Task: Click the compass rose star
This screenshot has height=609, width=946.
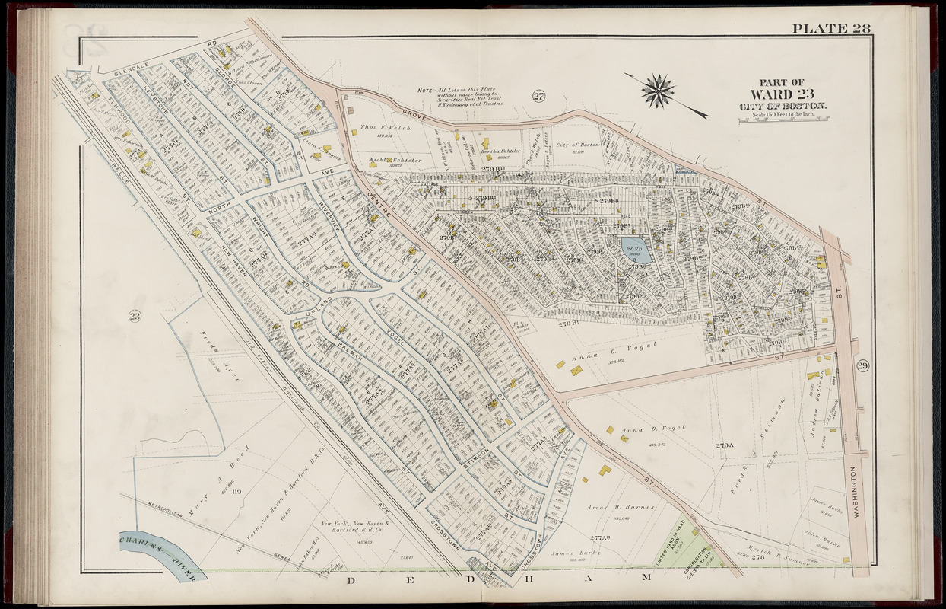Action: [658, 91]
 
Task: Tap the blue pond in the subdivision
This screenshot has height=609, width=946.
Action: [633, 248]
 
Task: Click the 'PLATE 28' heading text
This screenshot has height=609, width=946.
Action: [830, 29]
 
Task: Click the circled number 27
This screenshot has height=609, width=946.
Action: [538, 96]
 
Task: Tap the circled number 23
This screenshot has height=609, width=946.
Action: [135, 316]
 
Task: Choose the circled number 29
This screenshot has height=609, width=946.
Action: [865, 366]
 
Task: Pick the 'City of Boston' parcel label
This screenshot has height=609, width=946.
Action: [578, 145]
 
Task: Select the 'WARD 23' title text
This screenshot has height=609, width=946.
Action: [783, 94]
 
